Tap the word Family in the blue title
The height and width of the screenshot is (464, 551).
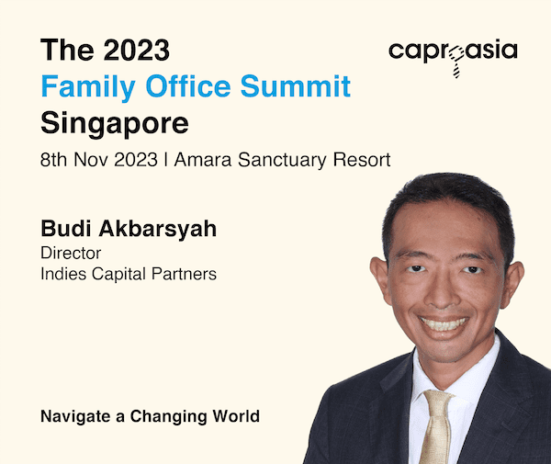[88, 87]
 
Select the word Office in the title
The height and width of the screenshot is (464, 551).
[188, 85]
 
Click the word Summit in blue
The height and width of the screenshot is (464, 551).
[296, 85]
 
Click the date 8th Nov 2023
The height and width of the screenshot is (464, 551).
[99, 160]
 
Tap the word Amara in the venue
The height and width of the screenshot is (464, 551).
[203, 160]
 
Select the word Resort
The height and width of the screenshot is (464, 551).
[362, 160]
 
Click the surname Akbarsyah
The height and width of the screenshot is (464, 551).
[158, 229]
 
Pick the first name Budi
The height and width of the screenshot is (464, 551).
[66, 229]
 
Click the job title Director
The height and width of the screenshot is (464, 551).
[71, 253]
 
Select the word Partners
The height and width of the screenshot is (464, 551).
[184, 274]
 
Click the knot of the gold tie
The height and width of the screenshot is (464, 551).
[438, 399]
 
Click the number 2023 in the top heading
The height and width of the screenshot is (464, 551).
[137, 51]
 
